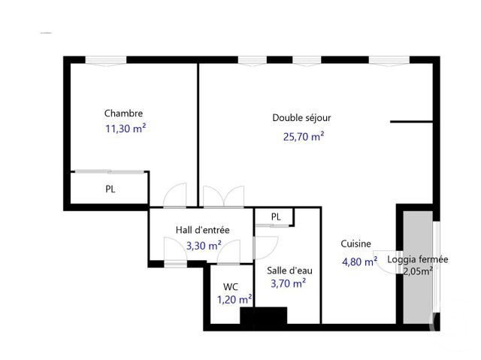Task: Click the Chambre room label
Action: tap(123, 113)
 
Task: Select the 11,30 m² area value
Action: tap(125, 129)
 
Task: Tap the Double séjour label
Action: tap(301, 118)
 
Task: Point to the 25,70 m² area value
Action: tap(303, 136)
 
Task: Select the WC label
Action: tap(231, 286)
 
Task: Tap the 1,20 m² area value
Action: tap(234, 299)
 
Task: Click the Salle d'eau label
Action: tap(288, 270)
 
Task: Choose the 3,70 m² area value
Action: tap(288, 283)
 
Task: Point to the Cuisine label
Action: tap(355, 244)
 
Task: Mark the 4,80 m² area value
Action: tap(359, 262)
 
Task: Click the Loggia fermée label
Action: tap(418, 259)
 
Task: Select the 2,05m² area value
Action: tap(418, 271)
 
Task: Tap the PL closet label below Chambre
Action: tap(110, 189)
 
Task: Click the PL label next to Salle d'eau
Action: tap(276, 217)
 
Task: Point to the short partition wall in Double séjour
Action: tap(410, 120)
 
